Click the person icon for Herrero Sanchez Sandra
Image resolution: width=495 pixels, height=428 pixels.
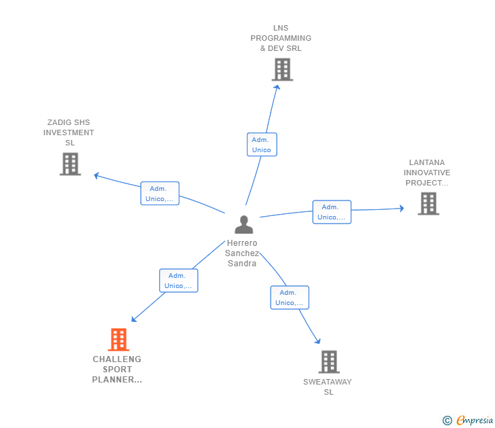click(x=243, y=225)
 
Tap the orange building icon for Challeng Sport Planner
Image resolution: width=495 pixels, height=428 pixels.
click(x=119, y=340)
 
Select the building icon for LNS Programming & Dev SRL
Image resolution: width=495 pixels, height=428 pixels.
click(x=282, y=69)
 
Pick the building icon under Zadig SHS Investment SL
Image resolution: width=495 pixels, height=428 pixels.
click(x=71, y=164)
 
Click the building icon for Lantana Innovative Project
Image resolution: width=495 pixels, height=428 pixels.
click(x=428, y=204)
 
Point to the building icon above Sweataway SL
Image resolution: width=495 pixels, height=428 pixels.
click(x=329, y=362)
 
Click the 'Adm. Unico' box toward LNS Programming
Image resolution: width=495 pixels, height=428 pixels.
click(x=262, y=145)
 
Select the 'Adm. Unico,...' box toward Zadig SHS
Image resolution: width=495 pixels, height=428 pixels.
click(x=160, y=194)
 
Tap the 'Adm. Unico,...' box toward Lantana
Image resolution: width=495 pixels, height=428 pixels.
click(x=332, y=212)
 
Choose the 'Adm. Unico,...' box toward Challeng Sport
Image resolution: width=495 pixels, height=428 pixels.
click(x=179, y=281)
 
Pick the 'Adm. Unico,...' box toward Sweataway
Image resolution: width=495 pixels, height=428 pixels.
click(x=290, y=298)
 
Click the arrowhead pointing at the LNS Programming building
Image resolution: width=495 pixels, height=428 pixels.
click(x=277, y=88)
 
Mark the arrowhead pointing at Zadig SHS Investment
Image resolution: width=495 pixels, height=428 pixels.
click(x=97, y=175)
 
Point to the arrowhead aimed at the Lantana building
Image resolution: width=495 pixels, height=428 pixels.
click(x=402, y=208)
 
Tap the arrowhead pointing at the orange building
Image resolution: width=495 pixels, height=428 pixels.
click(x=134, y=319)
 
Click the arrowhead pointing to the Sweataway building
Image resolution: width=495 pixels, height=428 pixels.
click(x=318, y=341)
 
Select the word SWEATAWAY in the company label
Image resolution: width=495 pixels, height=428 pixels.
click(x=327, y=382)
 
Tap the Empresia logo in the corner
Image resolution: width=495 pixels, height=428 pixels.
click(x=468, y=420)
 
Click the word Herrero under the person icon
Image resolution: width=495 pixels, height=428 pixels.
click(x=242, y=243)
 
